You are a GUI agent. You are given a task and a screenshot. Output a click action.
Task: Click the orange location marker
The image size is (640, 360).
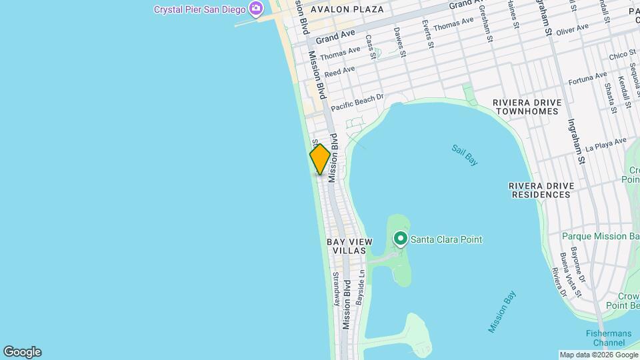pos(320,159)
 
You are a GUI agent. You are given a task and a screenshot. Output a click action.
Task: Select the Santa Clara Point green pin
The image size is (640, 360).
pos(400,238)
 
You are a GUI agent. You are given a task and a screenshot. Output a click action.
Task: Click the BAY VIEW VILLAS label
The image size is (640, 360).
pos(346,246)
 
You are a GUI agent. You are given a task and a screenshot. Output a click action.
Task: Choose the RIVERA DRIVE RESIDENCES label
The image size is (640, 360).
pos(539,189)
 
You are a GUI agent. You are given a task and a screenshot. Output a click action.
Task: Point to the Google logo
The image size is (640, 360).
pos(21,352)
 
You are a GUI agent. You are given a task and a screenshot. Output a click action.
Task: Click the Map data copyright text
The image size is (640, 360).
pos(599,355)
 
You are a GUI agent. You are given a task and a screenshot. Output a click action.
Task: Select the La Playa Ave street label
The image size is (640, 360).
pos(606,144)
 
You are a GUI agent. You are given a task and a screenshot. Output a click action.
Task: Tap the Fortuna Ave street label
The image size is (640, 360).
pos(587,79)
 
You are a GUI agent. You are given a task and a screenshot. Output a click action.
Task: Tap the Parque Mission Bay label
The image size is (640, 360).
pos(601,236)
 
